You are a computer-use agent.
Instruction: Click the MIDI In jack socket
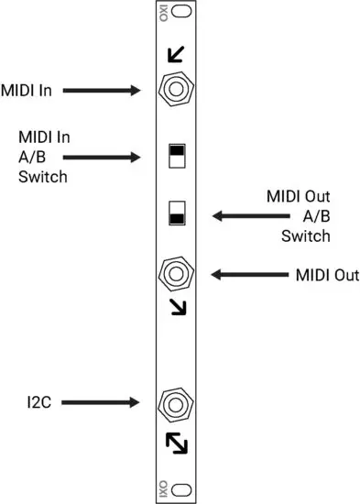[174, 90]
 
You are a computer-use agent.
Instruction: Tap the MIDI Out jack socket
[174, 273]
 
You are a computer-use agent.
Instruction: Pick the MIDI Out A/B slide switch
[176, 214]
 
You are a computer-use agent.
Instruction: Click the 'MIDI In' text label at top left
[26, 90]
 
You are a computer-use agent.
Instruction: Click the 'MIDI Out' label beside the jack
[327, 274]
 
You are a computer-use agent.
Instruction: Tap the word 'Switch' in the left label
[42, 177]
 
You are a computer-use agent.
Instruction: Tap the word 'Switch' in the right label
[305, 236]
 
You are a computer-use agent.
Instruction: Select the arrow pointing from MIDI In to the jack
[101, 90]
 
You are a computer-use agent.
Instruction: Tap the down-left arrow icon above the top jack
[174, 57]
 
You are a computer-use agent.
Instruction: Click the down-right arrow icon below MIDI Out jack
[175, 305]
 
